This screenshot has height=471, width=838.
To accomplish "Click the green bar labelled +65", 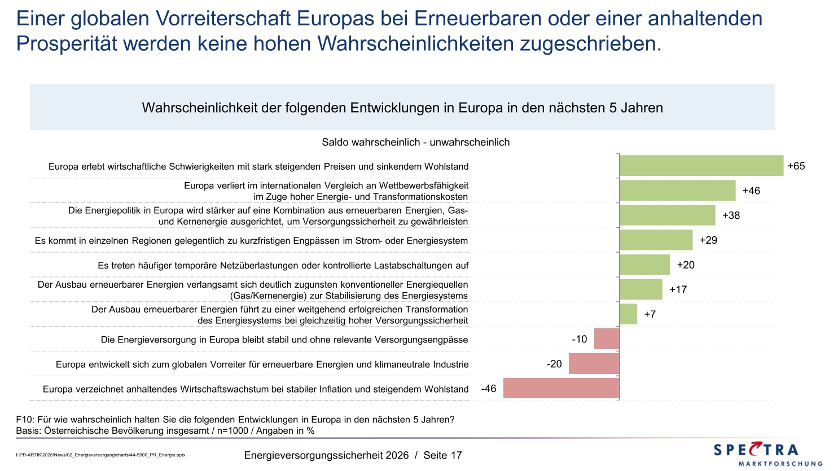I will [x=701, y=166].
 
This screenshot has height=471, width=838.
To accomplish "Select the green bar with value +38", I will [x=667, y=215].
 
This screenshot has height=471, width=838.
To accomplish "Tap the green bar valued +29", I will [x=656, y=240].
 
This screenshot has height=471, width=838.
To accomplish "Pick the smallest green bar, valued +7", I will [x=628, y=314].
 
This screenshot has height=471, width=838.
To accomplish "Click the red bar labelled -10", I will [x=607, y=339].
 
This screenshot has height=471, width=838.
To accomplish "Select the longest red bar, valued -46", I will [x=561, y=389].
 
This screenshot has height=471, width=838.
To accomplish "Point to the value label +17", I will [x=678, y=290].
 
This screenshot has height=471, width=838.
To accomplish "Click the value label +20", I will [x=686, y=265].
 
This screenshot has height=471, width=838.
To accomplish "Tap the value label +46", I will [x=751, y=191].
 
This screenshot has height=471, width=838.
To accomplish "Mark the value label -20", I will [x=554, y=364].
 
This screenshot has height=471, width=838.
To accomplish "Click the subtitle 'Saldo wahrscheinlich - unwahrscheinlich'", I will [x=415, y=143].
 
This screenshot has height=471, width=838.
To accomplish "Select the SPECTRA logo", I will [x=756, y=450].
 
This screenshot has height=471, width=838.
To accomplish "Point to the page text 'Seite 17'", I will [x=442, y=455].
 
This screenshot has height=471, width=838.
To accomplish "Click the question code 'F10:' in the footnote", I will [x=25, y=420].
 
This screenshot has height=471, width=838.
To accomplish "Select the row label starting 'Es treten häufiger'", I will [x=283, y=266].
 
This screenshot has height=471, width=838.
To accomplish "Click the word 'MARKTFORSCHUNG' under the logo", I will [x=780, y=464].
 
